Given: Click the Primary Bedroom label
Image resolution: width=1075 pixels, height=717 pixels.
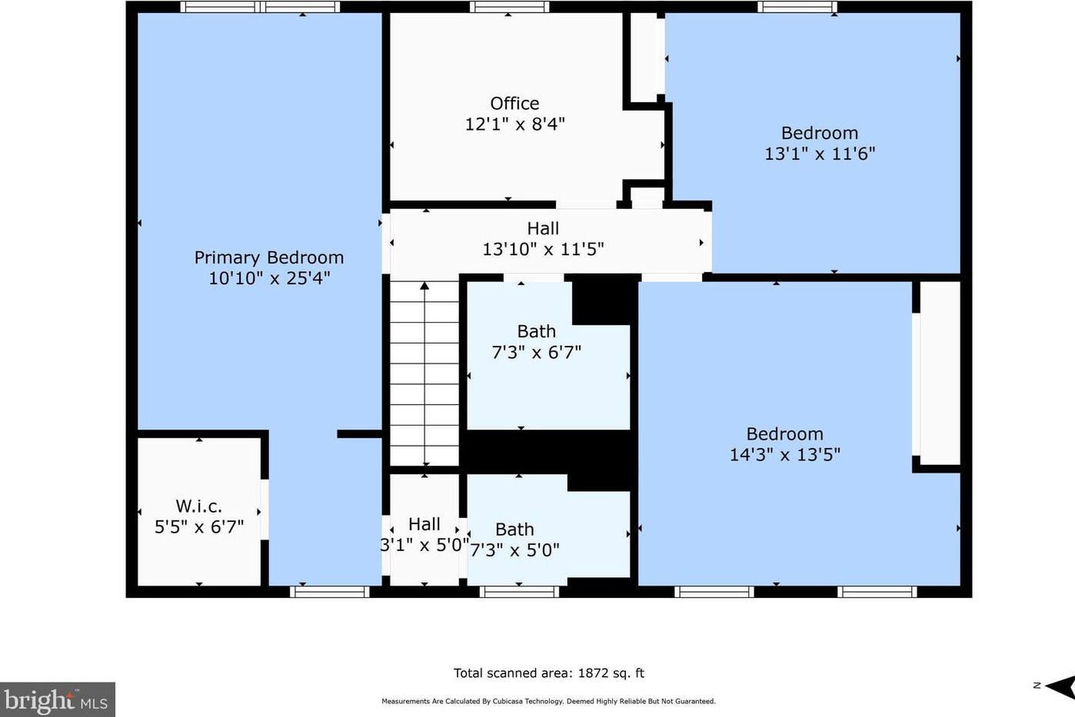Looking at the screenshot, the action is pos(269,257).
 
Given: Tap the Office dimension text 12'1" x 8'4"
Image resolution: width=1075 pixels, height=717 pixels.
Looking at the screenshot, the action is pos(515,124).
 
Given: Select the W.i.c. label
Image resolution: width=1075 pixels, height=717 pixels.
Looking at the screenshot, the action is pos(198,506).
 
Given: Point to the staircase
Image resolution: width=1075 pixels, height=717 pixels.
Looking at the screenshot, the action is pos(424,373).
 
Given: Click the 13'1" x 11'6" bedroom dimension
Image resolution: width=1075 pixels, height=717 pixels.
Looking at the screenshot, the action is pos(820,154).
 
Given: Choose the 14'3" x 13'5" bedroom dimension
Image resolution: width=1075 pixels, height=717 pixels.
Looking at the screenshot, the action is pos(785,454).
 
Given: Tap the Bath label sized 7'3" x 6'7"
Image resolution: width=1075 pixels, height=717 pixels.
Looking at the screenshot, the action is pos(537,331).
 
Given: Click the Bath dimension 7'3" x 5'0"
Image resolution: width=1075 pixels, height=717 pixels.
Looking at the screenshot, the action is pos(514,550).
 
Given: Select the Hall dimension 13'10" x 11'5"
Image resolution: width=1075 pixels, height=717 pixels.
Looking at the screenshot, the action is pos(543,250).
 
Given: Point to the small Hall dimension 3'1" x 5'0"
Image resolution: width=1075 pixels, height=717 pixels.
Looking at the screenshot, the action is pos(424,545).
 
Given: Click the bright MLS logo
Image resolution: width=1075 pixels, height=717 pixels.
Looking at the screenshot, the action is pos(58,700).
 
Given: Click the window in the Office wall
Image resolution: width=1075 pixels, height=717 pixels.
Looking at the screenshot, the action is pos(509,7).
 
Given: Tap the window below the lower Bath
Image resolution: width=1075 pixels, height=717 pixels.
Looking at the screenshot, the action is pos(520,592).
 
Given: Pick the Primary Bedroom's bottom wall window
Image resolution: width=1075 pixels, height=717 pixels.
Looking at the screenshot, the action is pos(330,592).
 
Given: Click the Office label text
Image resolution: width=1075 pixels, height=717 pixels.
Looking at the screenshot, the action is pos(514,103).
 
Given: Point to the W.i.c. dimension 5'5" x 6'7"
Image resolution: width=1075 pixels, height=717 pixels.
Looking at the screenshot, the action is pos(199,527).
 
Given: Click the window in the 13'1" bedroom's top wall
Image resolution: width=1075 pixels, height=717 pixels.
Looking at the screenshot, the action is pos(797,7).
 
